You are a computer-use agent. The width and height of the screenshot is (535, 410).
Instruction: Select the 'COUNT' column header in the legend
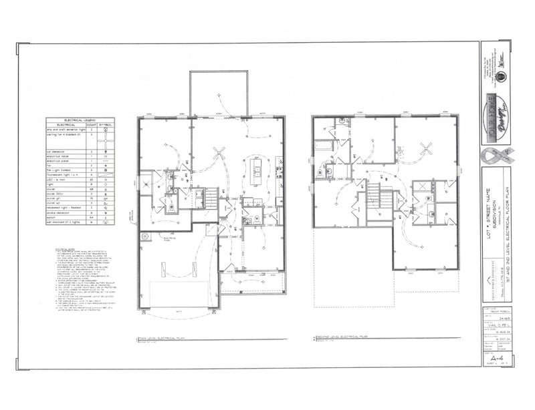[x=92, y=125]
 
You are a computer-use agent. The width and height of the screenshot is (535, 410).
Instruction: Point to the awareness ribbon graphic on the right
[x=496, y=160]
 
